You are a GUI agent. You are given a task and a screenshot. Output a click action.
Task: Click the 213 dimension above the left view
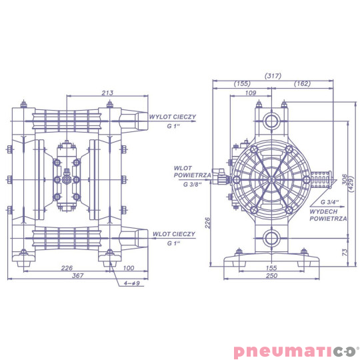(x=108, y=93)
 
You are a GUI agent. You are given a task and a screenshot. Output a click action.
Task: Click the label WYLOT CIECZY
(x=173, y=116)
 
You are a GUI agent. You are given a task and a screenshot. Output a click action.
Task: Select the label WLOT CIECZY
(x=173, y=234)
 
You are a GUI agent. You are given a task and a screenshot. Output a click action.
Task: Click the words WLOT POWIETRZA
(x=193, y=173)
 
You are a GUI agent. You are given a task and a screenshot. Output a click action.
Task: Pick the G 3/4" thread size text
(x=329, y=201)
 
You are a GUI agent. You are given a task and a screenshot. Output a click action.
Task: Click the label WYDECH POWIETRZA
(x=328, y=213)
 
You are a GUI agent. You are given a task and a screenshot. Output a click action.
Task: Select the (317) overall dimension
(x=273, y=75)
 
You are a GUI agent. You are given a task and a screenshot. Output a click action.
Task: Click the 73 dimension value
(x=345, y=253)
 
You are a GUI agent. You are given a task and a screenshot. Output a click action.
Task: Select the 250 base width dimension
(x=272, y=275)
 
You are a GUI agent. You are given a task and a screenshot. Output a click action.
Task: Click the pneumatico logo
(x=296, y=349)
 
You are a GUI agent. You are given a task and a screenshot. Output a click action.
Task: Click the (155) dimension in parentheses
(x=242, y=83)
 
